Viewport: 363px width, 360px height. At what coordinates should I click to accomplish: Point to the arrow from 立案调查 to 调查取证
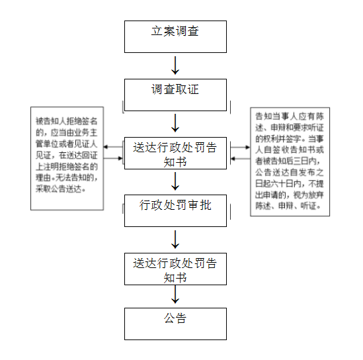pyautogui.click(x=175, y=66)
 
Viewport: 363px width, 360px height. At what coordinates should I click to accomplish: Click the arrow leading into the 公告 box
pyautogui.click(x=175, y=294)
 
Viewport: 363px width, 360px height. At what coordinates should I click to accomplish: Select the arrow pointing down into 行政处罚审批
pyautogui.click(x=175, y=181)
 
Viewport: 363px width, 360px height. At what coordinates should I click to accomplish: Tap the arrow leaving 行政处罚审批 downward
pyautogui.click(x=175, y=240)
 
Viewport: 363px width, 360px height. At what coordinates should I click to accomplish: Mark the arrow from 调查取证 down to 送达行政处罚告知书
pyautogui.click(x=175, y=123)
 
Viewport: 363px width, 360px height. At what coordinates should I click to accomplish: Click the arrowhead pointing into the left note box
pyautogui.click(x=106, y=147)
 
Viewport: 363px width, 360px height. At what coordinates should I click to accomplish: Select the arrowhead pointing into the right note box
pyautogui.click(x=248, y=147)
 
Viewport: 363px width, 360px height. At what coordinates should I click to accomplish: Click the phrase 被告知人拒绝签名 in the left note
pyautogui.click(x=66, y=121)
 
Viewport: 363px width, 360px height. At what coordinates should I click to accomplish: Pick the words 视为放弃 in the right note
pyautogui.click(x=309, y=195)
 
